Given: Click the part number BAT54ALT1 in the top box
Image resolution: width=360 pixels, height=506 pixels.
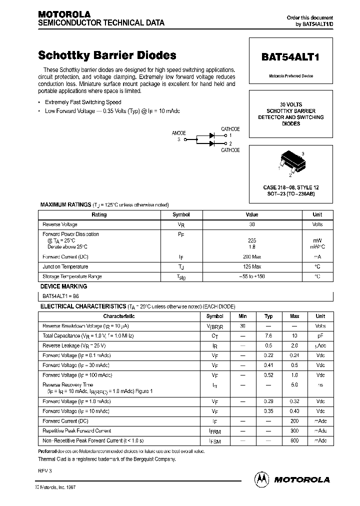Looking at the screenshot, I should click(x=290, y=57).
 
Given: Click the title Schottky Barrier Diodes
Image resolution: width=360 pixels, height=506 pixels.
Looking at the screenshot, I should click(x=107, y=55).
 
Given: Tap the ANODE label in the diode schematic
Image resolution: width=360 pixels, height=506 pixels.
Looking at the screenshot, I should click(x=178, y=133).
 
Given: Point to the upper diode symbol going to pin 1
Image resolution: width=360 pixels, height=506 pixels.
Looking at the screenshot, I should click(x=212, y=135).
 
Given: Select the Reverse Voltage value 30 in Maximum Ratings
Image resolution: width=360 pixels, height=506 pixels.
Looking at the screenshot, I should click(x=252, y=225).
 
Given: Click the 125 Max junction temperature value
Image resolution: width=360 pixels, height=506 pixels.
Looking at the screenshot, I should click(x=252, y=266).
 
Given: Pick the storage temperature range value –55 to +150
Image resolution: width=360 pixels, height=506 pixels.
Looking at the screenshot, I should click(x=252, y=276).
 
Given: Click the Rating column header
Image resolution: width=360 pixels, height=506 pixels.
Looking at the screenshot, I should click(x=99, y=214).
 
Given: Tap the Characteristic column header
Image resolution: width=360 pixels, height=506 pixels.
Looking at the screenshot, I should click(x=119, y=316).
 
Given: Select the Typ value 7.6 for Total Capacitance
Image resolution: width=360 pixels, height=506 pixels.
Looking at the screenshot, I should click(x=268, y=336).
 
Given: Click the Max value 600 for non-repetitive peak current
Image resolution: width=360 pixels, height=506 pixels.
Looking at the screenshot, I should click(x=294, y=440).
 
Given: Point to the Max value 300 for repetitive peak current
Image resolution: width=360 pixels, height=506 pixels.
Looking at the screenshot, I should click(x=294, y=430).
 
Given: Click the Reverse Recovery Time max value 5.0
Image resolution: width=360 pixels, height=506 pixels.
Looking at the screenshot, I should click(x=294, y=385).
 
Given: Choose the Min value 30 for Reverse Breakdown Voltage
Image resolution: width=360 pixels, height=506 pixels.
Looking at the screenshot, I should click(x=242, y=326).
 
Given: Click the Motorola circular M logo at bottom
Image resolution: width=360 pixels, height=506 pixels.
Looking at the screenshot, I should click(x=261, y=479).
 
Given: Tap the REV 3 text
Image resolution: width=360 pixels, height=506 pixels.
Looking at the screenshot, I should click(x=45, y=471).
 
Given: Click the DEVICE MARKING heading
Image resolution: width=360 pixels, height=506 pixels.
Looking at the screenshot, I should click(x=63, y=286).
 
